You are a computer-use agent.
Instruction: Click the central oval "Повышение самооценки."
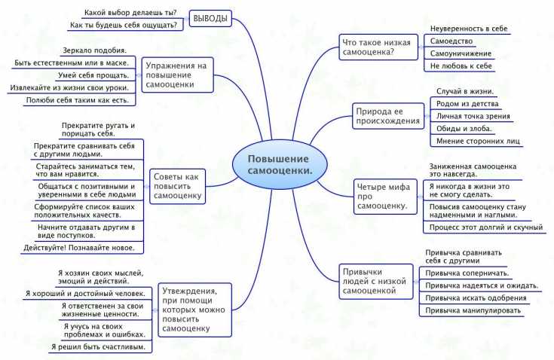click(x=280, y=164)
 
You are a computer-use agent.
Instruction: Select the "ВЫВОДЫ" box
click(x=210, y=18)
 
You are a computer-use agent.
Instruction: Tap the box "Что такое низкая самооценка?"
click(x=378, y=47)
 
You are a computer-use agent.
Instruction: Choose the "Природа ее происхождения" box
click(x=388, y=116)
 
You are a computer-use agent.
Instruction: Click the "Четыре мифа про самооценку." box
click(x=385, y=197)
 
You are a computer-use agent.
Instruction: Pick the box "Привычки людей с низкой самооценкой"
click(x=376, y=281)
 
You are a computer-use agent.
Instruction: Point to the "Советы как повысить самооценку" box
click(x=177, y=186)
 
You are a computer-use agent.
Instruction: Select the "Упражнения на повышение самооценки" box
click(x=177, y=75)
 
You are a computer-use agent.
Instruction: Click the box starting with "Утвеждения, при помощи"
click(x=194, y=310)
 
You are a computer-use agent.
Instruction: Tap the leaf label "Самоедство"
click(x=451, y=41)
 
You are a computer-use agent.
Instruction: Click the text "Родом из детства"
click(x=467, y=104)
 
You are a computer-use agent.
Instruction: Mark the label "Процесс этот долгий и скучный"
click(x=486, y=227)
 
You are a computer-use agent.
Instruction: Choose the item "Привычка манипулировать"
click(x=473, y=310)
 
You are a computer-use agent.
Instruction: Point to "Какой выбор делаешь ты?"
click(x=130, y=13)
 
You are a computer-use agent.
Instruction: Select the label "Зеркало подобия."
click(x=94, y=50)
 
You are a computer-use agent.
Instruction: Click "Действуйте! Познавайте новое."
click(x=79, y=248)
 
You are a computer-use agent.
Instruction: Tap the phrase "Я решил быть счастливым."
click(x=98, y=347)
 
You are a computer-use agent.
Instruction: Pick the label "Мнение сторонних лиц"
click(x=478, y=141)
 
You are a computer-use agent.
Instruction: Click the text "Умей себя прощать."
click(x=93, y=75)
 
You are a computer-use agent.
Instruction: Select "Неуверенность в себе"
click(x=469, y=29)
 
